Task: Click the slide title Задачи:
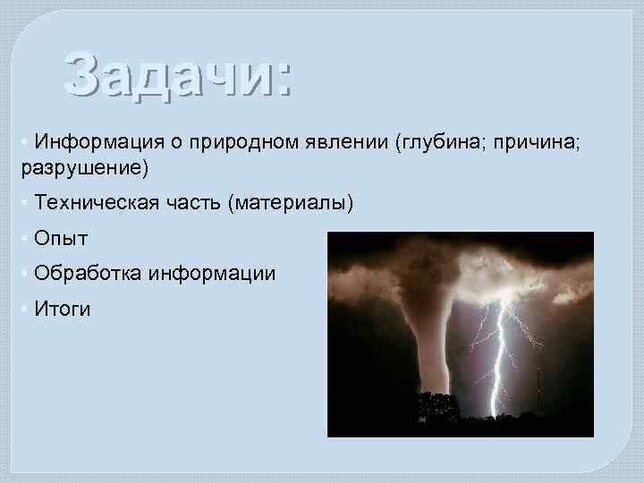pyautogui.click(x=177, y=73)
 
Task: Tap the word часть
pyautogui.click(x=191, y=204)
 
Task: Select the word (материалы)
pyautogui.click(x=291, y=204)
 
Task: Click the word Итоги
pyautogui.click(x=63, y=309)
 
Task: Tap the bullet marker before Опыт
pyautogui.click(x=23, y=239)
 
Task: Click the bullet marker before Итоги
pyautogui.click(x=23, y=309)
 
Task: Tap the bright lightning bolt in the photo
pyautogui.click(x=499, y=358)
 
